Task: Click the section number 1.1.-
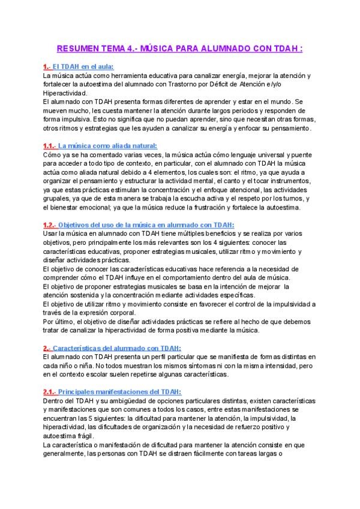point(50,146)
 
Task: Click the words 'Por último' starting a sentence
point(59,322)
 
